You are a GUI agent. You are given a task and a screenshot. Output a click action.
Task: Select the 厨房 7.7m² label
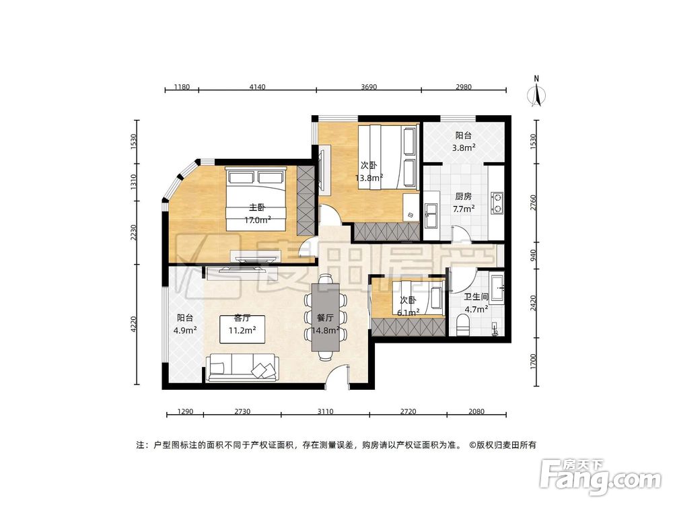(463, 203)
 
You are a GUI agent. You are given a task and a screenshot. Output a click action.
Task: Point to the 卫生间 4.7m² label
(476, 303)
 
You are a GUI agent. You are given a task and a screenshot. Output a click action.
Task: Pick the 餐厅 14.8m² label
(325, 324)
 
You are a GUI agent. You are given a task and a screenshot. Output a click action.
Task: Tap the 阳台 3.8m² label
(464, 141)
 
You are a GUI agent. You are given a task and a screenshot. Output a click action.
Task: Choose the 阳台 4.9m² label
(186, 324)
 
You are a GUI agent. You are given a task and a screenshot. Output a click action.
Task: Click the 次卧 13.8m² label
(369, 171)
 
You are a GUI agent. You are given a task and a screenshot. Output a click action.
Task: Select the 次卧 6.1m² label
(409, 306)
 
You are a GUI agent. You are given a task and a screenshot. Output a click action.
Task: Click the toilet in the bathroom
(462, 326)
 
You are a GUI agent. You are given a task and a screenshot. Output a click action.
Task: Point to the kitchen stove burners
(497, 203)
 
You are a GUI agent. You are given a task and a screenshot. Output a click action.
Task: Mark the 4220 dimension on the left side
(135, 326)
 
